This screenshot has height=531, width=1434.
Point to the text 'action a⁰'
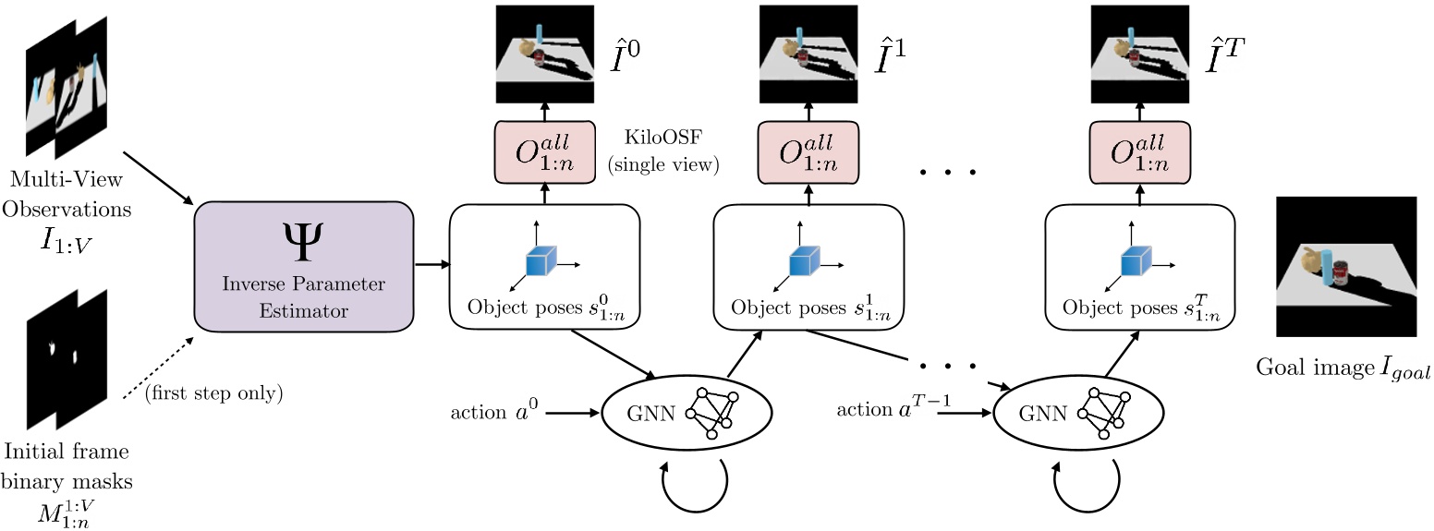click(x=491, y=411)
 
